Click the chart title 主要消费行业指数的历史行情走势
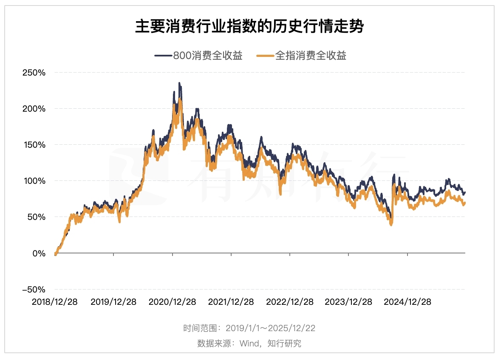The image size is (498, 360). [x=249, y=27]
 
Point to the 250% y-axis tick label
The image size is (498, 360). [x=34, y=72]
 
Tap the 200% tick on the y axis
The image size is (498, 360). [x=34, y=109]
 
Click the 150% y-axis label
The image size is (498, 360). [x=34, y=145]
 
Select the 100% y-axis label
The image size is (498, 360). [x=34, y=181]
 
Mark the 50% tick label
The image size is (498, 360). [x=37, y=217]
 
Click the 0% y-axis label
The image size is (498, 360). [x=39, y=253]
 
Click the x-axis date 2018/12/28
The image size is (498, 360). [x=55, y=302]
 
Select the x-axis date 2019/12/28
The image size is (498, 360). [x=113, y=302]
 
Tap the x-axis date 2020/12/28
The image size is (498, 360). [x=172, y=302]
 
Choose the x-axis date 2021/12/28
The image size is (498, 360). [x=231, y=302]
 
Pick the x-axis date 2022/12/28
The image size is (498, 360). [x=290, y=302]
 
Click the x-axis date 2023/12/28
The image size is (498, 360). [x=348, y=302]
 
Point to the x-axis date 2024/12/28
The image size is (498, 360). [x=407, y=302]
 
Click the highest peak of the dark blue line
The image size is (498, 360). [x=179, y=83]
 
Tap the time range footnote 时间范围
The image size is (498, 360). [x=249, y=328]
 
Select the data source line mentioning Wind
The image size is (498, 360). [x=249, y=343]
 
